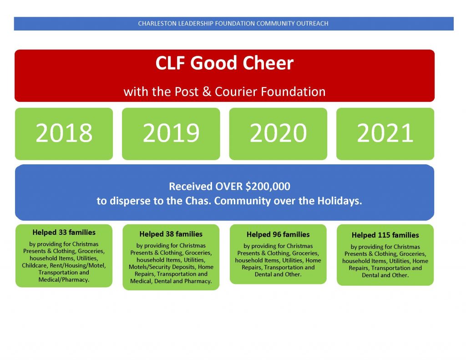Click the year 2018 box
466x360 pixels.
pos(64,134)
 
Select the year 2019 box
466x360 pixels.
pos(171,134)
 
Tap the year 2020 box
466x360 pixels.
pos(278,134)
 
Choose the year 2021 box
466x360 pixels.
pos(385,134)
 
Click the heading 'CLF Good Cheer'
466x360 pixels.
pos(224,63)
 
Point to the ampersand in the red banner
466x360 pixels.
pos(207,91)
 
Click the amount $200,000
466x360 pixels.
pos(268,187)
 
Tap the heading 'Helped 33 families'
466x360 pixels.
pos(64,233)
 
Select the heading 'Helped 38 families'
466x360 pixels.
pos(171,234)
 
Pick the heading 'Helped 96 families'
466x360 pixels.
pos(278,234)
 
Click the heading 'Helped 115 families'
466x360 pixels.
pos(385,235)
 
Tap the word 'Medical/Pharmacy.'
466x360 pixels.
pos(64,280)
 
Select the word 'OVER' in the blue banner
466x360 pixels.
pos(229,187)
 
